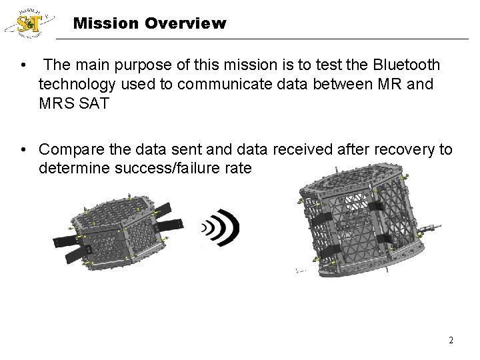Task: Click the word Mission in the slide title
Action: (101, 24)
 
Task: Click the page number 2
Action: (451, 340)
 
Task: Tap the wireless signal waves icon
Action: (222, 228)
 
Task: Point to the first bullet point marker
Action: (23, 65)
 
